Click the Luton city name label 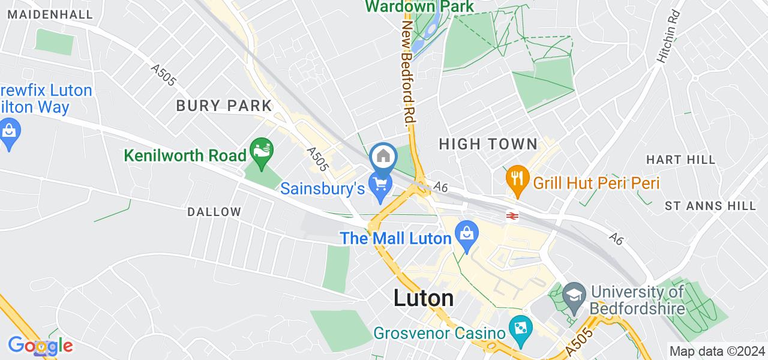tap(424, 298)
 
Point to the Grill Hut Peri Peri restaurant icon tap(516, 178)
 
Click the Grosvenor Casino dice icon tap(517, 328)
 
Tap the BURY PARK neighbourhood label tap(224, 106)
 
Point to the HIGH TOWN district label tap(488, 144)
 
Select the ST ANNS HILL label tap(710, 206)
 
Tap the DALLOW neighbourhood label tap(214, 212)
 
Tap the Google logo tap(40, 346)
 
